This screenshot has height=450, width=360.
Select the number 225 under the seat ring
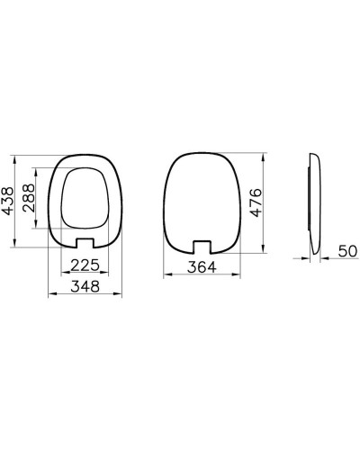coord(85,265)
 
